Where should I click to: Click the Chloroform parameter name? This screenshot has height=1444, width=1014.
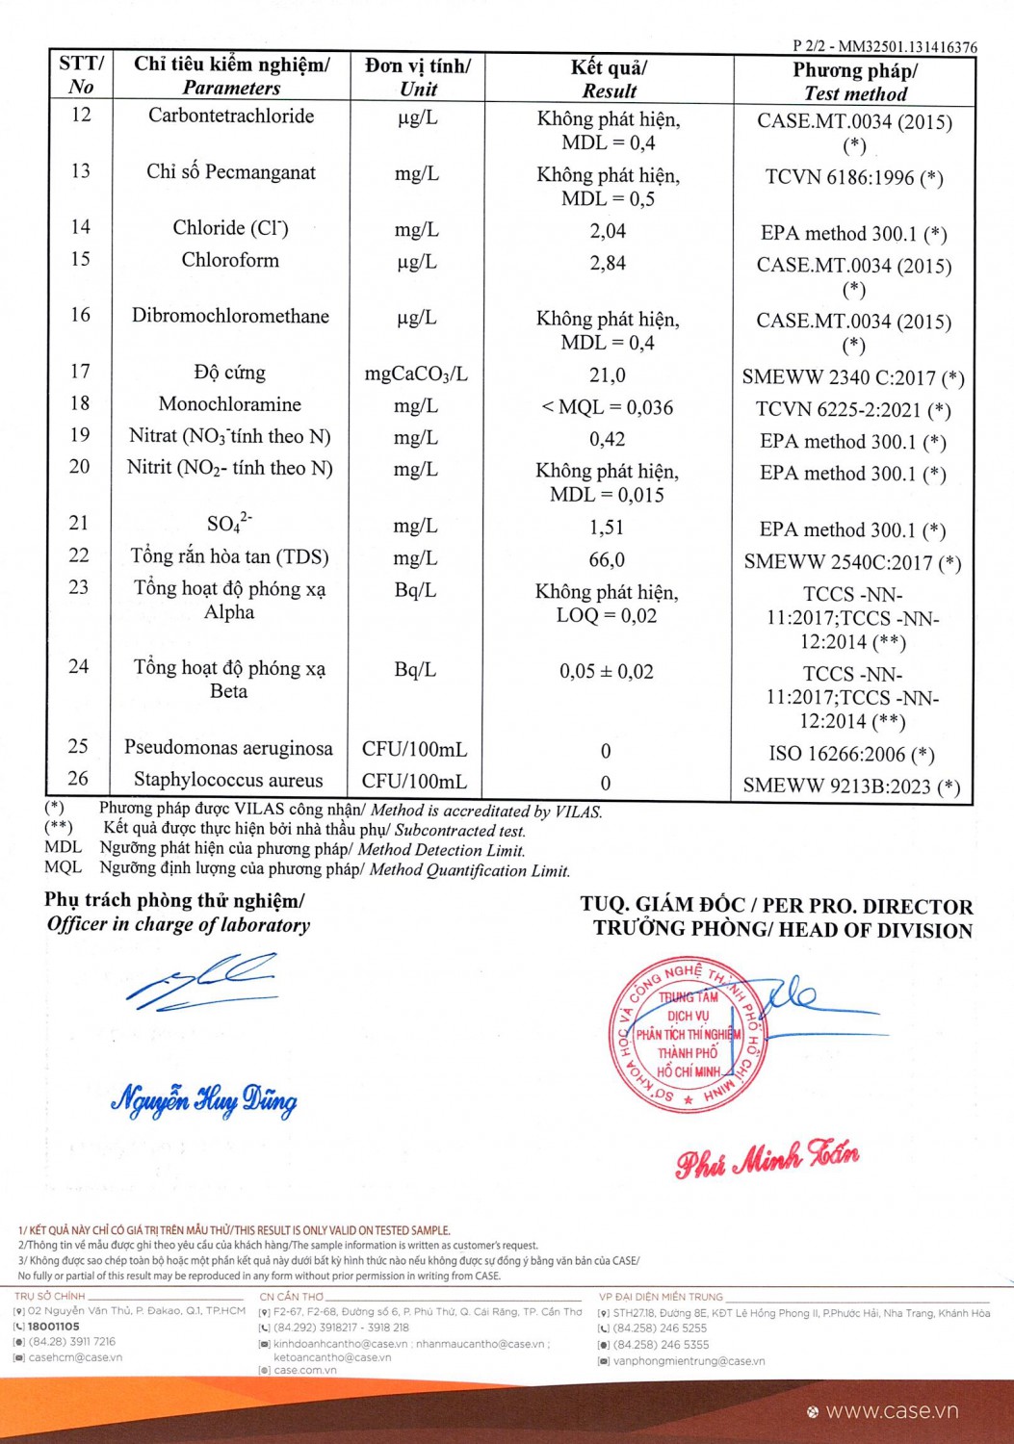pyautogui.click(x=230, y=260)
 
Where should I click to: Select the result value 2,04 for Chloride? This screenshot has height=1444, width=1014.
pyautogui.click(x=608, y=231)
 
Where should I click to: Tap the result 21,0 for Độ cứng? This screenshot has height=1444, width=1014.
pyautogui.click(x=608, y=375)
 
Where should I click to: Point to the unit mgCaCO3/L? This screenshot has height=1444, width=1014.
pyautogui.click(x=416, y=374)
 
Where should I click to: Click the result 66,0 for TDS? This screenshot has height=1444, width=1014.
pyautogui.click(x=607, y=559)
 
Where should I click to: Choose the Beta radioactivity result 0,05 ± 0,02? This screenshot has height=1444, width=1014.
pyautogui.click(x=607, y=671)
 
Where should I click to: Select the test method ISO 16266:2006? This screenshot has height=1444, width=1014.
pyautogui.click(x=851, y=754)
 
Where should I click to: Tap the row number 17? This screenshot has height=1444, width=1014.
pyautogui.click(x=80, y=372)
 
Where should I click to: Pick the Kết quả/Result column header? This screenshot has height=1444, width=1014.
pyautogui.click(x=609, y=79)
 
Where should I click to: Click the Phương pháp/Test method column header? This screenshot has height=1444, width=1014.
pyautogui.click(x=855, y=82)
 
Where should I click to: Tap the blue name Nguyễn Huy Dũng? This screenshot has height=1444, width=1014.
pyautogui.click(x=204, y=1099)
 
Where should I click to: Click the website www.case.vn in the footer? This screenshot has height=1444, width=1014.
pyautogui.click(x=892, y=1410)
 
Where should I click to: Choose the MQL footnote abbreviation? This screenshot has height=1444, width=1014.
pyautogui.click(x=63, y=867)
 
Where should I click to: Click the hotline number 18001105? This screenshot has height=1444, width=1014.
pyautogui.click(x=54, y=1326)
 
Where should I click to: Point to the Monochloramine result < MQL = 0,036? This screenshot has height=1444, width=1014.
pyautogui.click(x=607, y=407)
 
